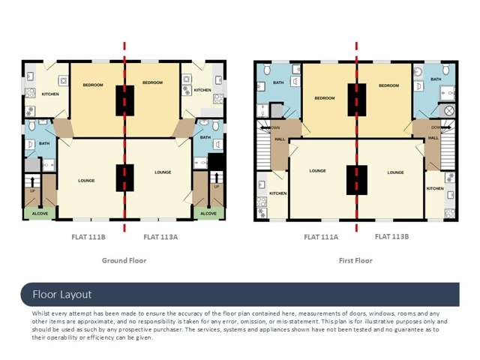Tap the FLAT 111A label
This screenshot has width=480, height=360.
click(x=321, y=237)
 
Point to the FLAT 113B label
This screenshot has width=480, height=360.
click(x=391, y=236)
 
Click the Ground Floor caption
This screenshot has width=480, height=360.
click(x=124, y=260)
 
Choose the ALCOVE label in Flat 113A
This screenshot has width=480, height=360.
click(x=207, y=213)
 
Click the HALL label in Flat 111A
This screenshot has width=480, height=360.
click(x=280, y=139)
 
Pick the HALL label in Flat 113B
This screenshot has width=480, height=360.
click(x=433, y=138)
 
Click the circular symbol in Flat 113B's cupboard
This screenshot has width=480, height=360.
click(x=449, y=111)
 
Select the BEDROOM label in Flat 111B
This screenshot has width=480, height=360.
click(x=93, y=85)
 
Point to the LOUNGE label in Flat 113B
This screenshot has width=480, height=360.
click(x=395, y=172)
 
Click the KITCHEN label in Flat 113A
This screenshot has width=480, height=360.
click(x=202, y=90)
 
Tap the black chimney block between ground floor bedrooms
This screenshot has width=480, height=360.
click(x=124, y=98)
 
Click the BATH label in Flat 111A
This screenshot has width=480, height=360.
click(x=278, y=82)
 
